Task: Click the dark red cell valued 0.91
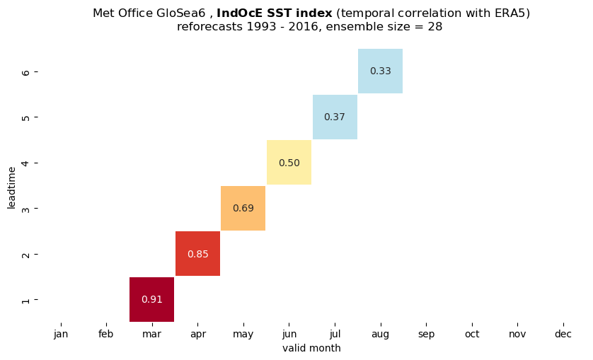click(151, 299)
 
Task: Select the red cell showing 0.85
click(198, 253)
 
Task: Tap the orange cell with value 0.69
click(243, 208)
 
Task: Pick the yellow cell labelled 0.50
click(289, 162)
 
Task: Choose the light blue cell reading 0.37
click(335, 117)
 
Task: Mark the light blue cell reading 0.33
click(381, 71)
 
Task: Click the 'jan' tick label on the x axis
click(61, 335)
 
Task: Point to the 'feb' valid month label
click(106, 335)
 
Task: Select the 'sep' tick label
click(426, 335)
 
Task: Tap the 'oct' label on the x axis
click(472, 335)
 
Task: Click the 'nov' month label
click(517, 335)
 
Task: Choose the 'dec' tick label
click(563, 335)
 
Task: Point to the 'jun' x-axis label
click(289, 335)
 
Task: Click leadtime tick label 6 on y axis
click(25, 71)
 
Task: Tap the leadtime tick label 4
click(25, 163)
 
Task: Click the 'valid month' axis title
click(311, 348)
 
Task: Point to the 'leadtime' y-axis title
click(12, 187)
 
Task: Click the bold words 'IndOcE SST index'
click(274, 13)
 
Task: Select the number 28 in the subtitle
click(435, 27)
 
